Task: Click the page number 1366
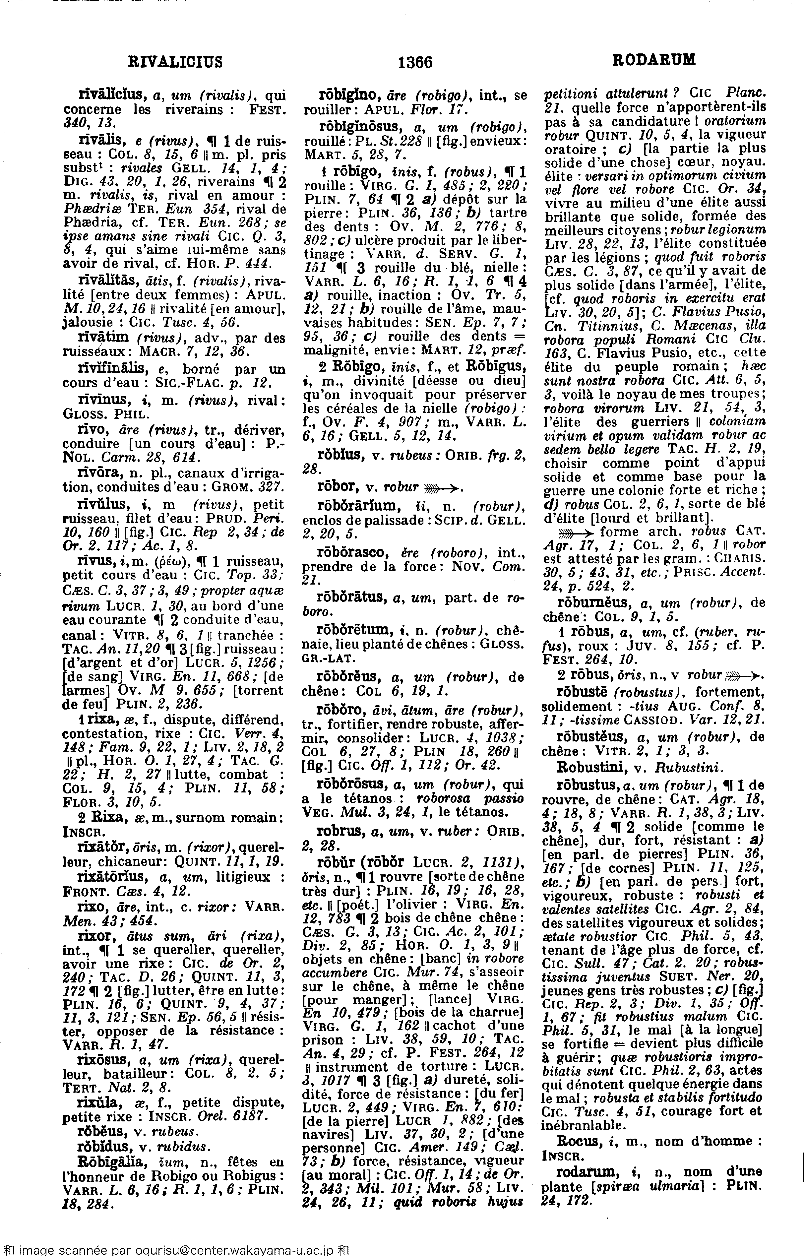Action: tap(415, 62)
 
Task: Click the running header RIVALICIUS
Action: tap(175, 62)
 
